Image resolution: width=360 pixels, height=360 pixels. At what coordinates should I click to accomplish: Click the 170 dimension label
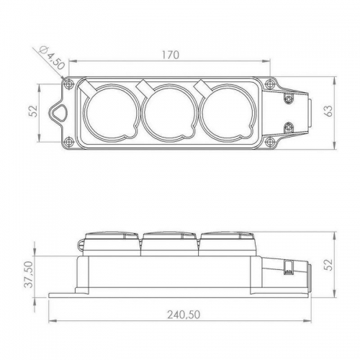tap(171, 55)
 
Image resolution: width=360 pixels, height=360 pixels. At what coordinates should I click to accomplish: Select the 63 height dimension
tap(329, 111)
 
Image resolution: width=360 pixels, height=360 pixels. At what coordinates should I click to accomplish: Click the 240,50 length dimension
tap(184, 315)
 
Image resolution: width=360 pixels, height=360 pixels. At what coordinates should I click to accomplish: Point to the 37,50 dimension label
tap(29, 274)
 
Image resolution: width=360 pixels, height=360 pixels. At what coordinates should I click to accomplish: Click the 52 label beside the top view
tap(35, 111)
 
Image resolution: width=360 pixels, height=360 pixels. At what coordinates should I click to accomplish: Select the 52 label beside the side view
tap(329, 264)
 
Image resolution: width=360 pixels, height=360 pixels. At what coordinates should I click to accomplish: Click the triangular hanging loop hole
tap(58, 112)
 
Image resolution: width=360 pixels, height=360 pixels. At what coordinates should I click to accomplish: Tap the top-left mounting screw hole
tap(69, 84)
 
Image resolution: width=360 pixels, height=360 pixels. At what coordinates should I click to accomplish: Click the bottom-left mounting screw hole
tap(69, 141)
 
